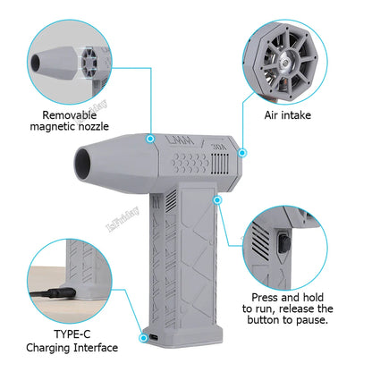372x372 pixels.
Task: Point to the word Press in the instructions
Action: coord(266,294)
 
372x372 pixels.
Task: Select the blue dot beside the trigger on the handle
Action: coord(217,200)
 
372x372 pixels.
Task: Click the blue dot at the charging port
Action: coord(143,338)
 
